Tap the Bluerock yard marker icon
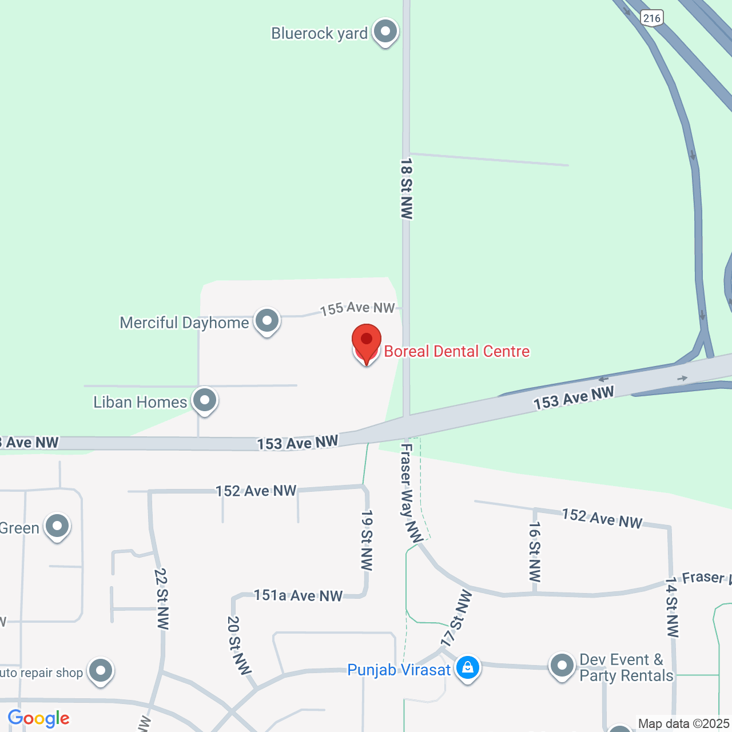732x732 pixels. pyautogui.click(x=385, y=31)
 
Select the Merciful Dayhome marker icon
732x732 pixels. pyautogui.click(x=266, y=321)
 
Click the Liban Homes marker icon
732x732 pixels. pyautogui.click(x=204, y=400)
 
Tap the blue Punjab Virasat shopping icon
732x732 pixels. pyautogui.click(x=468, y=667)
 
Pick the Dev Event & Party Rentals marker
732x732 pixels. pyautogui.click(x=562, y=666)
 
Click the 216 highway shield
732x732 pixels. pyautogui.click(x=652, y=18)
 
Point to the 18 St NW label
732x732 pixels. pyautogui.click(x=407, y=189)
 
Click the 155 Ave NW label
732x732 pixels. pyautogui.click(x=357, y=308)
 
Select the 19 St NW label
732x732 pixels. pyautogui.click(x=367, y=540)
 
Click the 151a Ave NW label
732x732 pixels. pyautogui.click(x=298, y=595)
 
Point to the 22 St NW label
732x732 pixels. pyautogui.click(x=162, y=598)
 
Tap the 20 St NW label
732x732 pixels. pyautogui.click(x=239, y=645)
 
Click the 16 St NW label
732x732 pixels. pyautogui.click(x=535, y=551)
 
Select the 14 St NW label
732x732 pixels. pyautogui.click(x=672, y=607)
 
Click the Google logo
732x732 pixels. pyautogui.click(x=39, y=718)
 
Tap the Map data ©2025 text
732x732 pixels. pyautogui.click(x=683, y=724)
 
